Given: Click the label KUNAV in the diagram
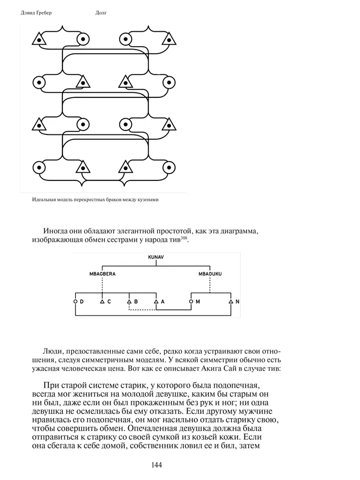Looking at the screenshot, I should click(x=156, y=258).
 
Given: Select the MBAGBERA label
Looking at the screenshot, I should click(x=103, y=274).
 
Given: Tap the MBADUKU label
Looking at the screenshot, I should click(x=210, y=274).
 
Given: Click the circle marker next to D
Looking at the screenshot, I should click(x=75, y=301).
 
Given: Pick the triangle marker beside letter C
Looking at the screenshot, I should click(x=102, y=301).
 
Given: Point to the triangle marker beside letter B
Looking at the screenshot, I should click(x=129, y=301).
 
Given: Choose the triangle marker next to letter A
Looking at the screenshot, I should click(x=156, y=301).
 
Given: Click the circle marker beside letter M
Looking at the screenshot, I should click(x=191, y=301).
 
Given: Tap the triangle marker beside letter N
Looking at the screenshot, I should click(x=231, y=301).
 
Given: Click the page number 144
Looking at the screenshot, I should click(x=156, y=465).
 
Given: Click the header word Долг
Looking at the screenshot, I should click(x=101, y=12).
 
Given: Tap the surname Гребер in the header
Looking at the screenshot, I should click(x=42, y=12).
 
